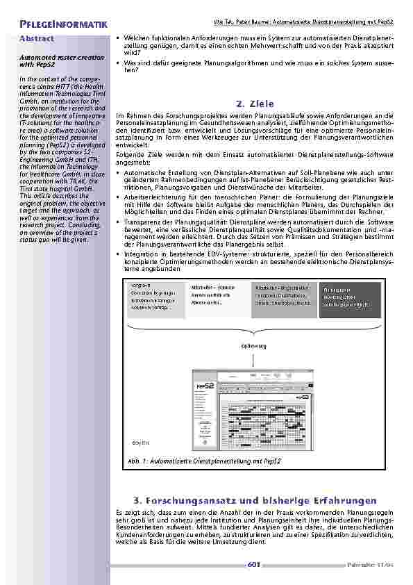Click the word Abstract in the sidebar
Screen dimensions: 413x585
point(37,38)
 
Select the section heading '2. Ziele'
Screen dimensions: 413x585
point(255,104)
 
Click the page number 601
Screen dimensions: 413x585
point(253,565)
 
